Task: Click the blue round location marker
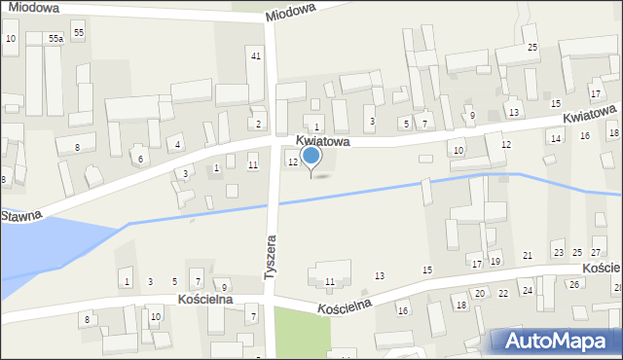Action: (x=311, y=156)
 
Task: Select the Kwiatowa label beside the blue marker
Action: (x=322, y=142)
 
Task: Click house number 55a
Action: (x=55, y=38)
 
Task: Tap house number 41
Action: (x=255, y=55)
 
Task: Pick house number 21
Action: (x=528, y=255)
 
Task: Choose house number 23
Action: (x=558, y=253)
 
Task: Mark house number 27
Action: (x=596, y=253)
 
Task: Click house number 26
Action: (x=574, y=284)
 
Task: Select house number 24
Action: (x=527, y=290)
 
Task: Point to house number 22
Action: (x=503, y=293)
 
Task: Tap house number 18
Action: (x=461, y=306)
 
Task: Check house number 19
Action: (x=495, y=261)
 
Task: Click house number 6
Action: (x=140, y=159)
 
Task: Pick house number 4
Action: (x=177, y=145)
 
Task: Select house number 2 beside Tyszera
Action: (x=258, y=124)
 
